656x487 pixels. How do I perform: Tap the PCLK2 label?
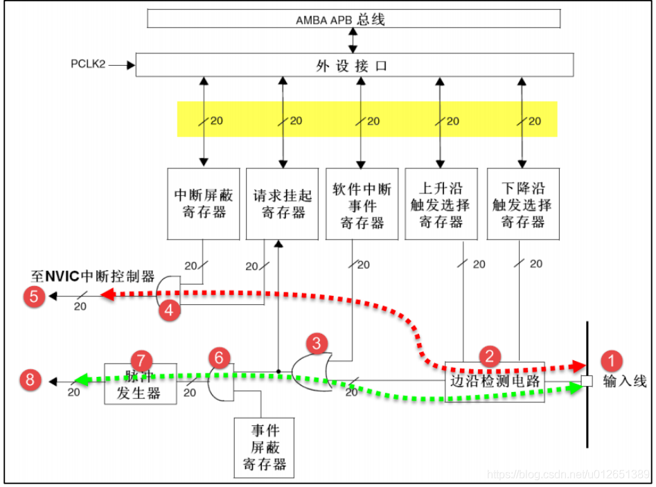click(87, 64)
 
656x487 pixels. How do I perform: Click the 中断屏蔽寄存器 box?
click(204, 204)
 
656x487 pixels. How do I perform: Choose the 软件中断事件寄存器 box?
click(362, 204)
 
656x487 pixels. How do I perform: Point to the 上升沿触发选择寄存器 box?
click(441, 204)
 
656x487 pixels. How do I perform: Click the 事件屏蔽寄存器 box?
click(264, 447)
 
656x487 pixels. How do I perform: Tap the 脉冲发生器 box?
click(140, 383)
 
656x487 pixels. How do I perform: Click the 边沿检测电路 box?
click(495, 381)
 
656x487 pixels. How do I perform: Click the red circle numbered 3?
click(317, 342)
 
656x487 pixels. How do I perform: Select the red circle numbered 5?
click(34, 297)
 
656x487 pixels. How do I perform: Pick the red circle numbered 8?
click(30, 380)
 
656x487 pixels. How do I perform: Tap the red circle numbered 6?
click(219, 358)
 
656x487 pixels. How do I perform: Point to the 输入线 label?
click(624, 381)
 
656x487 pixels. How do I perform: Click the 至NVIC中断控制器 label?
click(93, 274)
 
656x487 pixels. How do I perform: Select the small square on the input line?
click(587, 380)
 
